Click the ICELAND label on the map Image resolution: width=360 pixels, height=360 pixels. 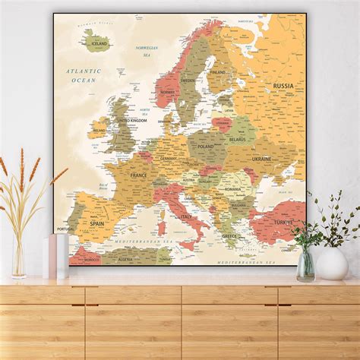click(x=99, y=44)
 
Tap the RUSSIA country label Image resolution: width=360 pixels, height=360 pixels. click(x=283, y=87)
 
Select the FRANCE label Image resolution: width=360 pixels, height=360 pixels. click(x=139, y=175)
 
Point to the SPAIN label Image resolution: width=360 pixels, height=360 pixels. click(x=96, y=223)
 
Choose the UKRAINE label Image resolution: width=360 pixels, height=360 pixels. click(x=261, y=159)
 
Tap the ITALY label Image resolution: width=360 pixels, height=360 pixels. click(x=185, y=216)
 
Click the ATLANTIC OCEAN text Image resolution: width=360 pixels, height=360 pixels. click(x=83, y=75)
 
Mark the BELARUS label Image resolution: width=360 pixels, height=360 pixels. click(x=238, y=140)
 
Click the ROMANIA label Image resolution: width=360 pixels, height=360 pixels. click(x=233, y=188)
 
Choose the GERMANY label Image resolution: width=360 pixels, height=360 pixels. click(x=169, y=158)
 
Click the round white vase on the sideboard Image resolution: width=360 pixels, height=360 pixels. click(x=332, y=264)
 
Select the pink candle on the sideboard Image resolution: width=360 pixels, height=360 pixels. click(x=52, y=257)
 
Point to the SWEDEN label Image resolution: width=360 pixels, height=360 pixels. click(x=187, y=79)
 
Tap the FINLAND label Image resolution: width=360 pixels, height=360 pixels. click(x=218, y=72)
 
